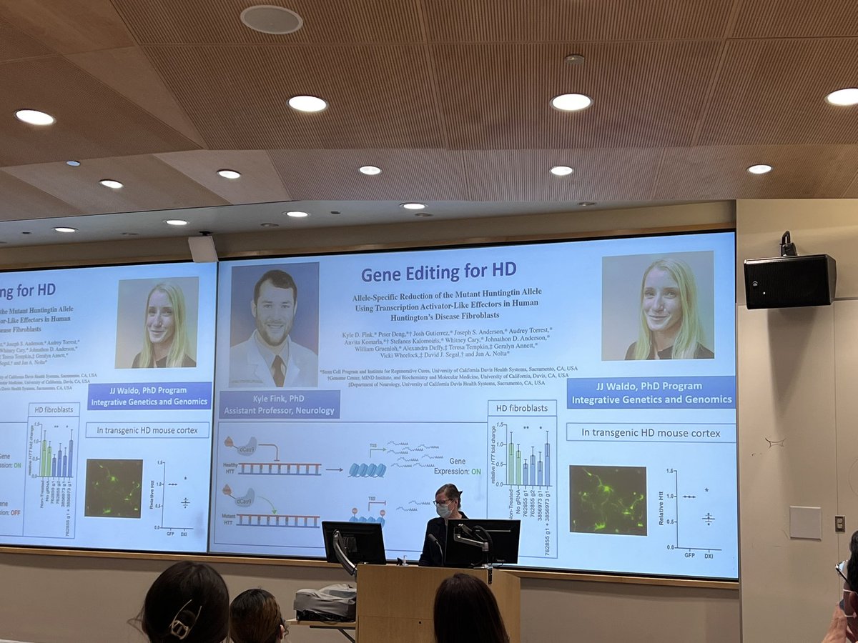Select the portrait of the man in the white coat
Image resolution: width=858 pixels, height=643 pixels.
coord(275,325)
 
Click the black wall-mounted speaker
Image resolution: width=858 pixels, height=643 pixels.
coord(789,280)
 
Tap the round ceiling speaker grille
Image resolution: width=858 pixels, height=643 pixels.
coord(271,19)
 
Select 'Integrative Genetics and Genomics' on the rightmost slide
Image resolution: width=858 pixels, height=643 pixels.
coord(651,399)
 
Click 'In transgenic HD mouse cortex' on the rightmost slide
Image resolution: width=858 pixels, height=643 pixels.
coord(651,432)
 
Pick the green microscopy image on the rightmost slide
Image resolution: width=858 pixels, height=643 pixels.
coord(608,500)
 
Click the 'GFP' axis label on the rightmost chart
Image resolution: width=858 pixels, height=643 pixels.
coord(689,554)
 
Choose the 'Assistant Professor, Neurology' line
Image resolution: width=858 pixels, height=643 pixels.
coord(279,410)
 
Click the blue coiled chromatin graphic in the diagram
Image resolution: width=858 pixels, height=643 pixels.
coord(368,469)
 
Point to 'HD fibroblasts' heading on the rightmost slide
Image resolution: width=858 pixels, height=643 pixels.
coord(522,408)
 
